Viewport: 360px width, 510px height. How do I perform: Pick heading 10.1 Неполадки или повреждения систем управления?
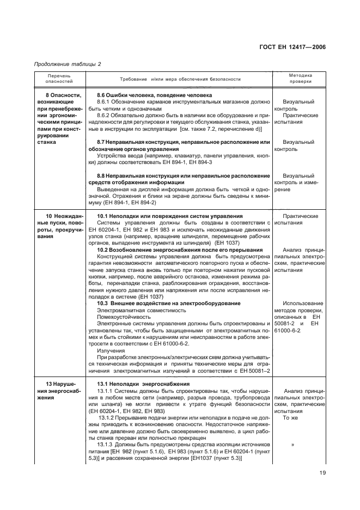pyautogui.click(x=169, y=216)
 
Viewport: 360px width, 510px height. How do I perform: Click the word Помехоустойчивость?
pyautogui.click(x=123, y=316)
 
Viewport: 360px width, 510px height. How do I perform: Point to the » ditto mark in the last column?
pyautogui.click(x=292, y=445)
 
